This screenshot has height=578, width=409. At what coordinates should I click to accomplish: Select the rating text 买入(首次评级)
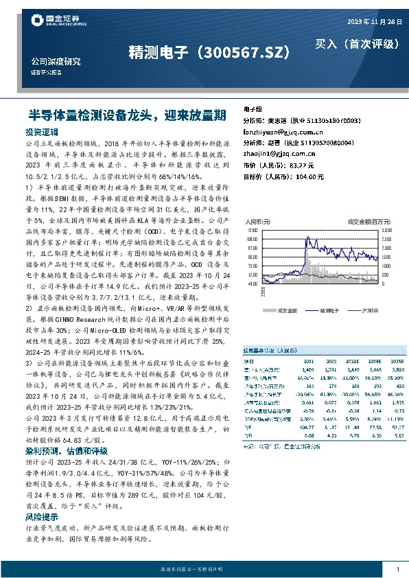coord(357,44)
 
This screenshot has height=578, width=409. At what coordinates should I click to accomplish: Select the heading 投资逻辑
coord(42,130)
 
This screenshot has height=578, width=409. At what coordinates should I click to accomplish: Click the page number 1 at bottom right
coord(398,569)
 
